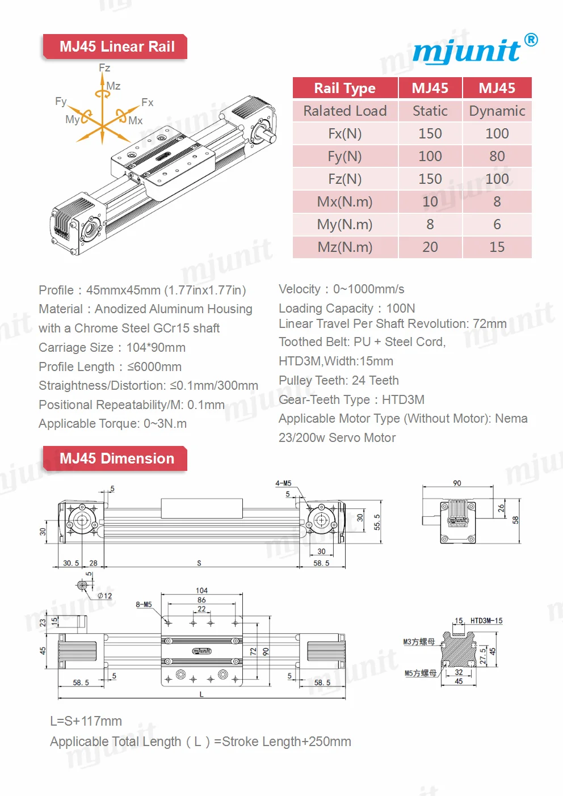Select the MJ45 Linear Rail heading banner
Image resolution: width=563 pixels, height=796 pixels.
click(x=116, y=47)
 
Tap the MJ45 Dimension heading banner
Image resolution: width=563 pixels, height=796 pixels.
click(x=116, y=458)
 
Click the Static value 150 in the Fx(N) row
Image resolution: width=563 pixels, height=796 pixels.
click(x=430, y=133)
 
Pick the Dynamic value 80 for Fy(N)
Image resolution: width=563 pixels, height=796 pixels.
click(x=497, y=156)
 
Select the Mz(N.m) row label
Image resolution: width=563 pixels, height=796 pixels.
click(x=344, y=247)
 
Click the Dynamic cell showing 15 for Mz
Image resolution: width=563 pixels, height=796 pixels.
click(x=497, y=247)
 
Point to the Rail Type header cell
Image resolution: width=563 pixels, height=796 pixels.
click(x=344, y=88)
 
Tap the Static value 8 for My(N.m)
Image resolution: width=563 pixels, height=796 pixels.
click(x=430, y=224)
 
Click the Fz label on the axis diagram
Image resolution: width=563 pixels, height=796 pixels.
click(x=104, y=68)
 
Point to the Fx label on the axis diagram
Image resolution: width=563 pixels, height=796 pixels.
click(x=148, y=103)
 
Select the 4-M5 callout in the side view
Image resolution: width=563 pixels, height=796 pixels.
click(x=283, y=483)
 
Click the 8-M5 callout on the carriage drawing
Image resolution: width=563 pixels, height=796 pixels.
click(x=144, y=604)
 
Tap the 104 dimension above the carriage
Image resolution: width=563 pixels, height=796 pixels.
click(x=201, y=591)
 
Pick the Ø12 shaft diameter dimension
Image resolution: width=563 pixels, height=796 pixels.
click(x=105, y=596)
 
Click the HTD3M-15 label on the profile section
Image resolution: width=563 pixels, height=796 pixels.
click(x=486, y=621)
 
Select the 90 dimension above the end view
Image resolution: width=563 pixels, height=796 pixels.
click(x=457, y=483)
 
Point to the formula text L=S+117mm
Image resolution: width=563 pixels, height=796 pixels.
click(x=86, y=721)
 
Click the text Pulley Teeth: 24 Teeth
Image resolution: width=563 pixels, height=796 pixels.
click(x=338, y=380)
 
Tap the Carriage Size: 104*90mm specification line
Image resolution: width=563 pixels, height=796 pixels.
click(x=112, y=347)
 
